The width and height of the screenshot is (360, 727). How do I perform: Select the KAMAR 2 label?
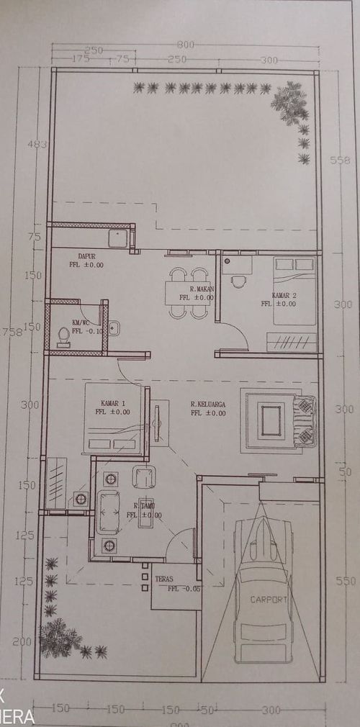284,296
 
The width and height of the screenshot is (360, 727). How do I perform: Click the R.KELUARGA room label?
208,405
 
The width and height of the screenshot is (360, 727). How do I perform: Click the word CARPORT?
269,599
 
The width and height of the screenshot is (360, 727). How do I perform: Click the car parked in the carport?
264,590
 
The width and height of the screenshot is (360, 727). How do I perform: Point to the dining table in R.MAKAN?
189,293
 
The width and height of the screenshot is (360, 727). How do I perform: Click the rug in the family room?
271,420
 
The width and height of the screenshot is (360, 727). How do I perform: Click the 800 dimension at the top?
186,45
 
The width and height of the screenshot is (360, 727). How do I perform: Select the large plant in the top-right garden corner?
289,104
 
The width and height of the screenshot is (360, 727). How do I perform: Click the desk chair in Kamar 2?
238,281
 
